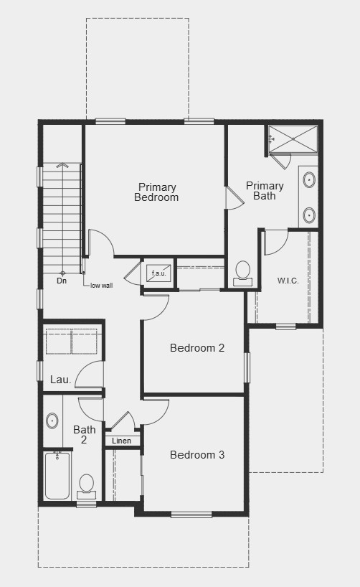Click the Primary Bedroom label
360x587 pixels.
(156, 192)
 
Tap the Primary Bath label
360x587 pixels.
(265, 190)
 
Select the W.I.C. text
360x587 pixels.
(288, 280)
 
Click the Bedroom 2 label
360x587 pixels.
(197, 348)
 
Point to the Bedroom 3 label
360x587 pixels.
(197, 455)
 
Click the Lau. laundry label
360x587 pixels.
(60, 380)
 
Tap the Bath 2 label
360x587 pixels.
(84, 435)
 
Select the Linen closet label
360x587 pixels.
(122, 441)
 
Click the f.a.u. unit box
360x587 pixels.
(158, 273)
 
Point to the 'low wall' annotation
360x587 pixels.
(101, 286)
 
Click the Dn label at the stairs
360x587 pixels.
(62, 281)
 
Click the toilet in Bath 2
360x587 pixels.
(87, 485)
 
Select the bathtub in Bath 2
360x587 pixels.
(57, 475)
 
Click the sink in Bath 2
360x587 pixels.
(52, 421)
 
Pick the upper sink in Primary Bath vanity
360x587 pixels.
(309, 179)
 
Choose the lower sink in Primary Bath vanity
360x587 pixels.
(309, 214)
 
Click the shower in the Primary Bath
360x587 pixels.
(293, 138)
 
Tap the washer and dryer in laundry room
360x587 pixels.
(71, 342)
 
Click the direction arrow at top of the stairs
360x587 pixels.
(62, 166)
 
